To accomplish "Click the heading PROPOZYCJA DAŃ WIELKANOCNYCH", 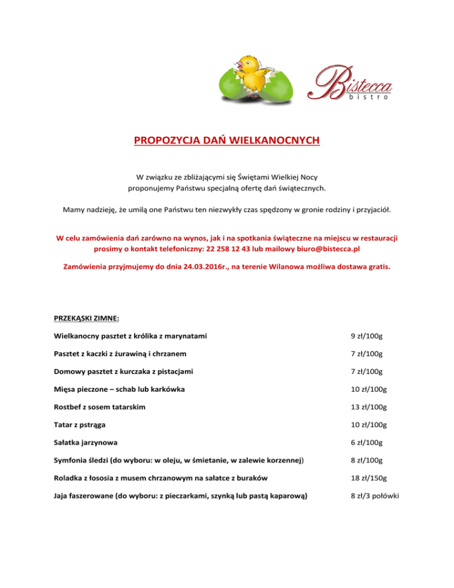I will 227,141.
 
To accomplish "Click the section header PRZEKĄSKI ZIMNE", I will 87,318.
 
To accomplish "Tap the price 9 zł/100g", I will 367,337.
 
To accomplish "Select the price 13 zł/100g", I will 369,408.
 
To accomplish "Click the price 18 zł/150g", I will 369,479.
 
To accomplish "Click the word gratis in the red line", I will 377,266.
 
